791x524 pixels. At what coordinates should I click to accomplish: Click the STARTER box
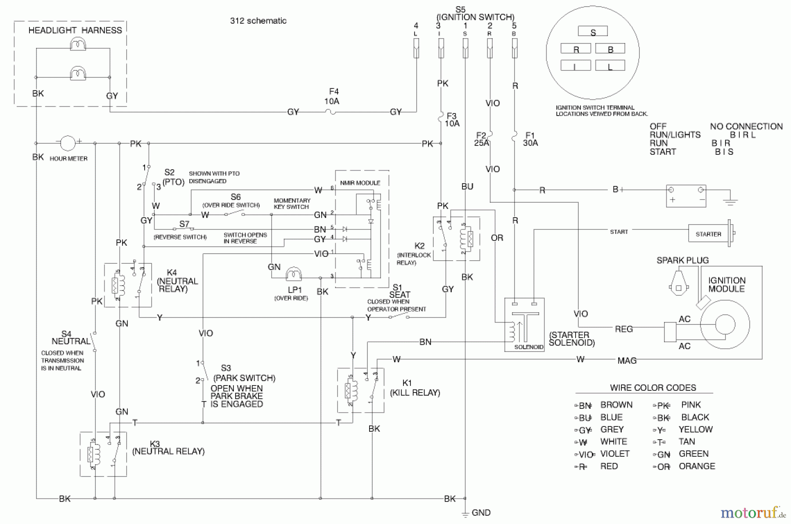(708, 234)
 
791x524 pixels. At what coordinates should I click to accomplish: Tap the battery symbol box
(686, 196)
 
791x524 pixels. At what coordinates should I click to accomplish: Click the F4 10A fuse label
(333, 96)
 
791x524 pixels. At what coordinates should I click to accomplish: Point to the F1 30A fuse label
(530, 139)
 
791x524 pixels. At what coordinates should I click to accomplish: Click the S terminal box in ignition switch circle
(593, 32)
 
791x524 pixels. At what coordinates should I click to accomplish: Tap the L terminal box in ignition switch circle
(610, 66)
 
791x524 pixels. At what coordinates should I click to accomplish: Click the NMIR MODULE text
(360, 183)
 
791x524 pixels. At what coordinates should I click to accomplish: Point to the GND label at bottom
(481, 513)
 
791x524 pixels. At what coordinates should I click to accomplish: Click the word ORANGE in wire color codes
(697, 466)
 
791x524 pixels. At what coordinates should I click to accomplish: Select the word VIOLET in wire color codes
(614, 454)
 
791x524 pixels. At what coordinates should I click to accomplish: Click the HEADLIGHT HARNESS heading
(75, 30)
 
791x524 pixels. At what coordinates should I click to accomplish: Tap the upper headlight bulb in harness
(78, 44)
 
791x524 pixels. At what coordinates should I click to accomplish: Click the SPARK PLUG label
(682, 260)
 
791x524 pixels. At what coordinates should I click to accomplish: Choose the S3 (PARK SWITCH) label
(244, 373)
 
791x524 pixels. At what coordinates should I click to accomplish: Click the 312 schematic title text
(258, 21)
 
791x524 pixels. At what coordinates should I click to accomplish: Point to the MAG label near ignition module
(627, 360)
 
